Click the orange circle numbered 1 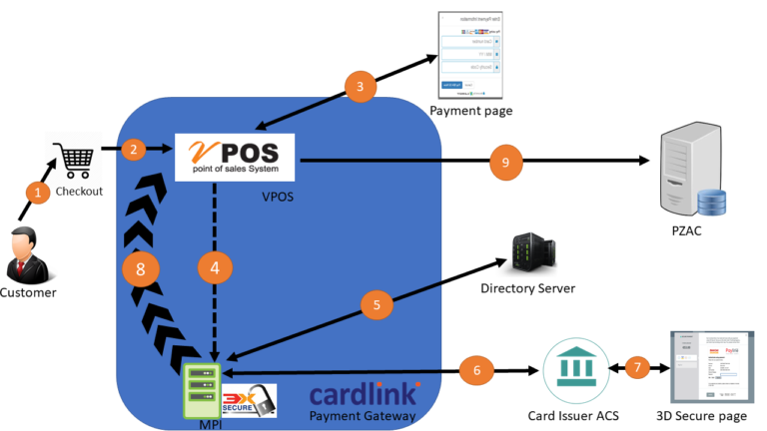[37, 192]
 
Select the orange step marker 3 [360, 87]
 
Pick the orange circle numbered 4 [214, 267]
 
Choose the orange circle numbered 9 [505, 161]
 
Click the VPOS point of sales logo [235, 157]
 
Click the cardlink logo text [365, 392]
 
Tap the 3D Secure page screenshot [711, 366]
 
